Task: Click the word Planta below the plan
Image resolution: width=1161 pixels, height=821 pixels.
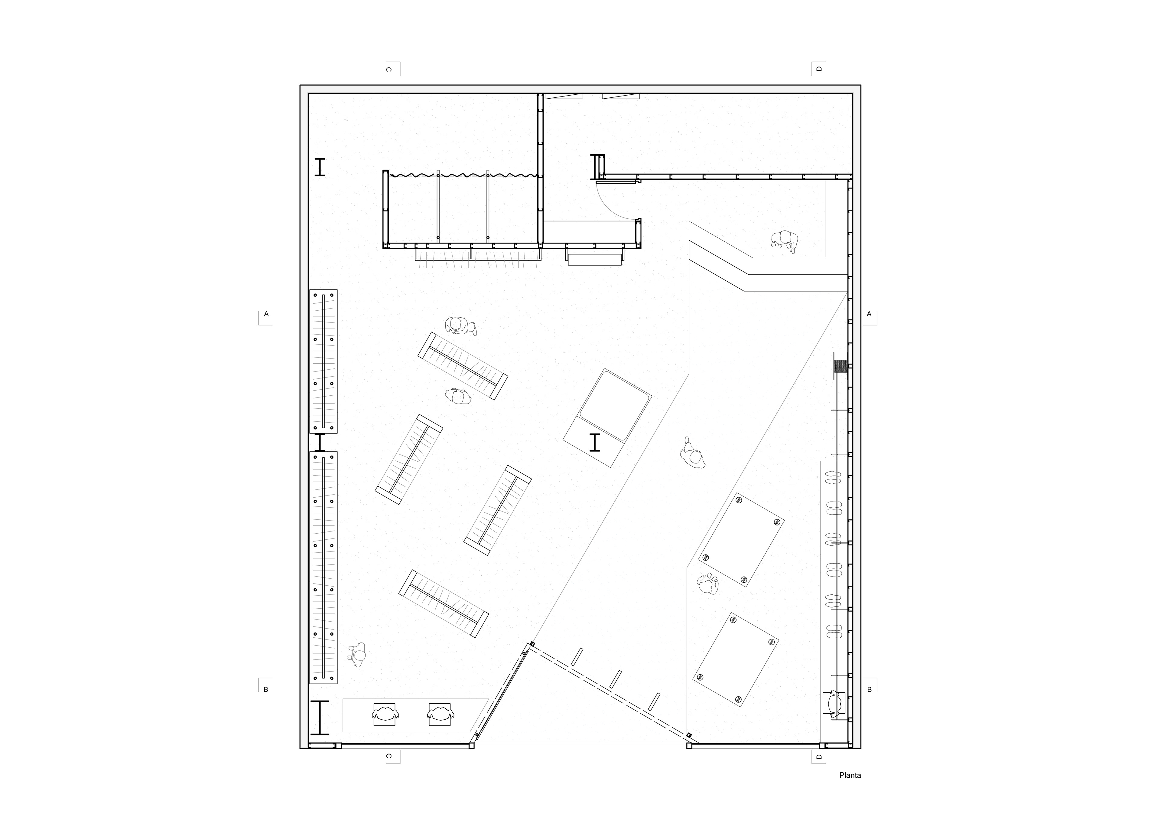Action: coord(850,789)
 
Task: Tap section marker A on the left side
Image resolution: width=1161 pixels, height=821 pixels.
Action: coord(266,314)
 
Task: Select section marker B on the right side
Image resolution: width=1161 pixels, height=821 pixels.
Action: coord(869,689)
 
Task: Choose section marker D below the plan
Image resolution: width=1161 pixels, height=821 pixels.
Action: coord(819,771)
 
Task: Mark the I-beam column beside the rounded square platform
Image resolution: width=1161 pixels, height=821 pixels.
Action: coord(595,442)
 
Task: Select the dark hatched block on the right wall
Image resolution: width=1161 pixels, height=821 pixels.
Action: coord(841,366)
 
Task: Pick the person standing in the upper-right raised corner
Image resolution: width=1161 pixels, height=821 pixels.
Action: coord(784,241)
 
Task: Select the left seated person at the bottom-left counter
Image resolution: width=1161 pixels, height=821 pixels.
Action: coord(385,714)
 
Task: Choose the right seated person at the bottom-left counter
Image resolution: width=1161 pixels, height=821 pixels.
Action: coord(441,714)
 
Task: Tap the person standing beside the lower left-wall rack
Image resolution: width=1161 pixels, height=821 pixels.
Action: coord(357,655)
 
